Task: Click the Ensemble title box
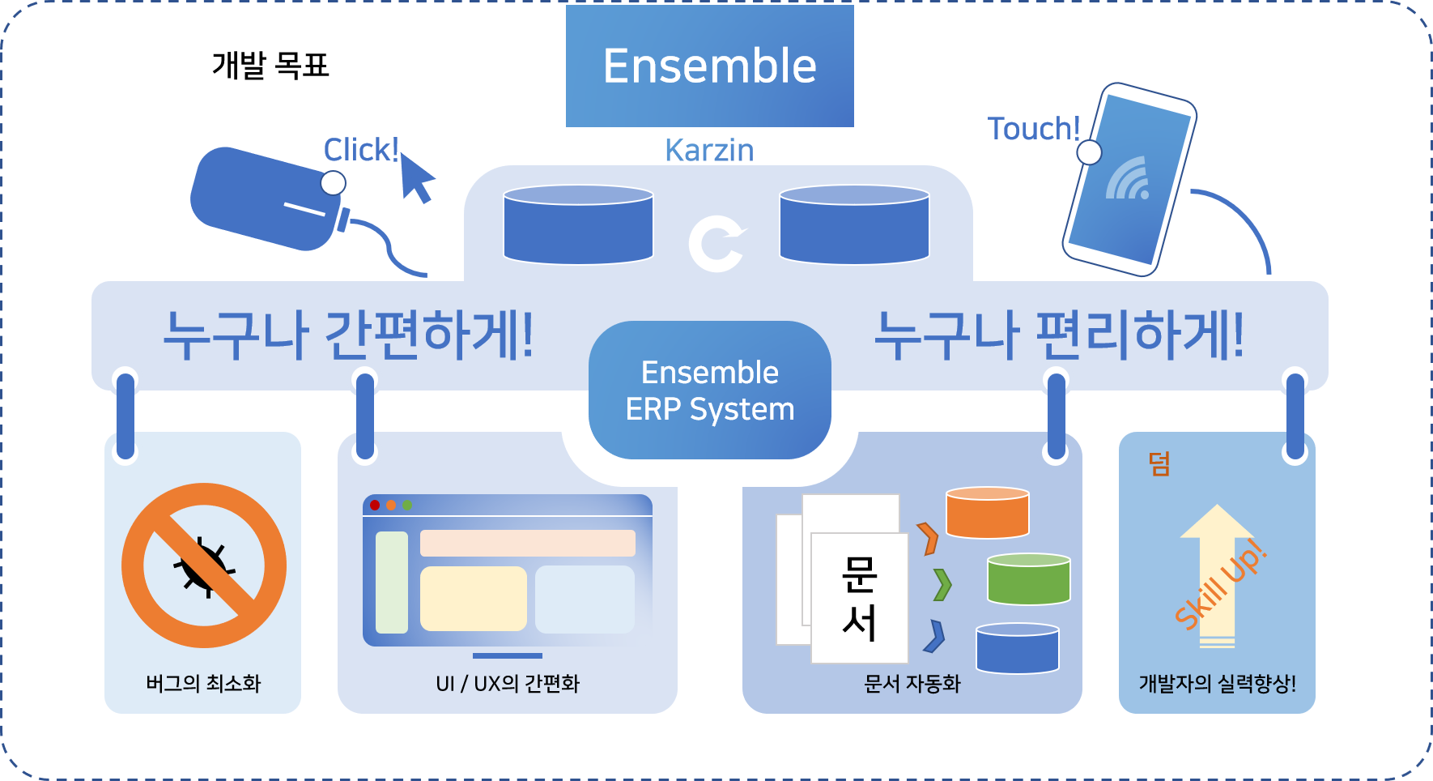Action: click(709, 66)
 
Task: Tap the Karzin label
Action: click(709, 150)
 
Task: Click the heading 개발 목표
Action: click(270, 66)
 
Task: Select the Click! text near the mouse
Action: click(360, 150)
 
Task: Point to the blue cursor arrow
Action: click(416, 178)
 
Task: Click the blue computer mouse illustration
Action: click(263, 198)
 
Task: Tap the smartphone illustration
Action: click(1129, 180)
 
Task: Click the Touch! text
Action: click(1033, 129)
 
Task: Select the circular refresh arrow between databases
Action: click(716, 243)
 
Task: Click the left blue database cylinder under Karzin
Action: click(578, 224)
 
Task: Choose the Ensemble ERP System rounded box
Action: click(709, 390)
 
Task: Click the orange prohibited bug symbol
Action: click(204, 565)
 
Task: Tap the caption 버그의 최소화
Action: click(203, 684)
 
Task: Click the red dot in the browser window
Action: click(375, 506)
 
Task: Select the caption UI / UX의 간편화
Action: click(508, 684)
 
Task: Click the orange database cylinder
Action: click(987, 512)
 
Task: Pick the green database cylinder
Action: click(1028, 578)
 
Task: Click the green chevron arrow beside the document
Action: click(942, 584)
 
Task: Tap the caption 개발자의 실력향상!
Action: click(1217, 684)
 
